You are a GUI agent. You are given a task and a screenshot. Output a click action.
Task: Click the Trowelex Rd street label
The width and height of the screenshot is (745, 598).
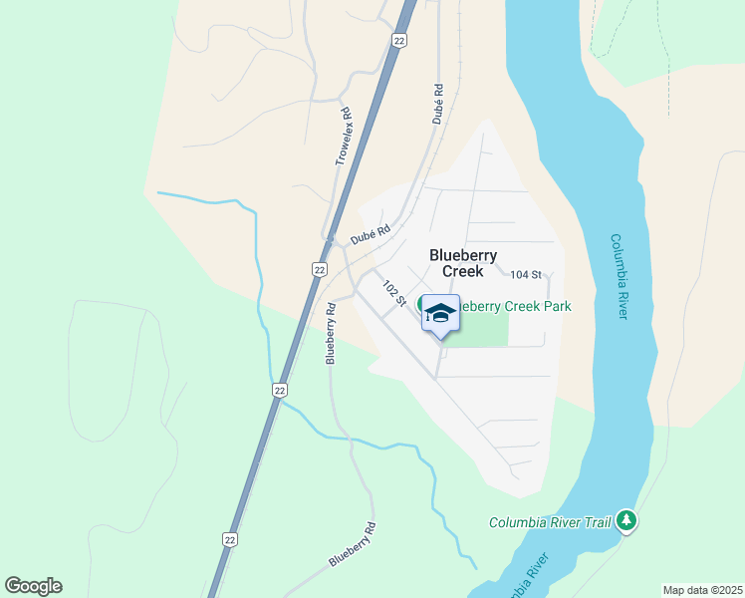point(345,137)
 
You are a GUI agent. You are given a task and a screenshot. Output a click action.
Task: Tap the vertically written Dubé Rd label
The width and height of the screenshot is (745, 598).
point(437,104)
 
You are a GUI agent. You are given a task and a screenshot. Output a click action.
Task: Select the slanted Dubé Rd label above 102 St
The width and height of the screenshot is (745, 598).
point(370,236)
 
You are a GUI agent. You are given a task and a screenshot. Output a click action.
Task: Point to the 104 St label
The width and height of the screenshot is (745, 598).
point(525,274)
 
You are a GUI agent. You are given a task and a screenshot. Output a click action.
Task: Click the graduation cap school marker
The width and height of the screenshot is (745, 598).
point(440,314)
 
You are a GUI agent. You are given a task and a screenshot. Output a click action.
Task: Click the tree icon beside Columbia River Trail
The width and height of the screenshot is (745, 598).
point(626,520)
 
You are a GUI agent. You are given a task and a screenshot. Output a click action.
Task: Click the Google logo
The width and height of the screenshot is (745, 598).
point(33,586)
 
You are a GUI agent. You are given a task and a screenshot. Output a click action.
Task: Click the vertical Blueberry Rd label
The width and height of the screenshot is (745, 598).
point(331,334)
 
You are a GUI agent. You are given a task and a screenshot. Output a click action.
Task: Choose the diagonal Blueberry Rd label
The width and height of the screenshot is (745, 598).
point(353,545)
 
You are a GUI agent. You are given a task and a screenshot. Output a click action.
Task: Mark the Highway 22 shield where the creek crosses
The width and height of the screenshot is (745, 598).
point(280,390)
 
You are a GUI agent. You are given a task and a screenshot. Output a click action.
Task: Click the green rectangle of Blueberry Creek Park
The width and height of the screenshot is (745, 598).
point(483,329)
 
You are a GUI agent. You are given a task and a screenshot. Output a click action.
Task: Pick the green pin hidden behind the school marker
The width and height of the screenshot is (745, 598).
point(422,303)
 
